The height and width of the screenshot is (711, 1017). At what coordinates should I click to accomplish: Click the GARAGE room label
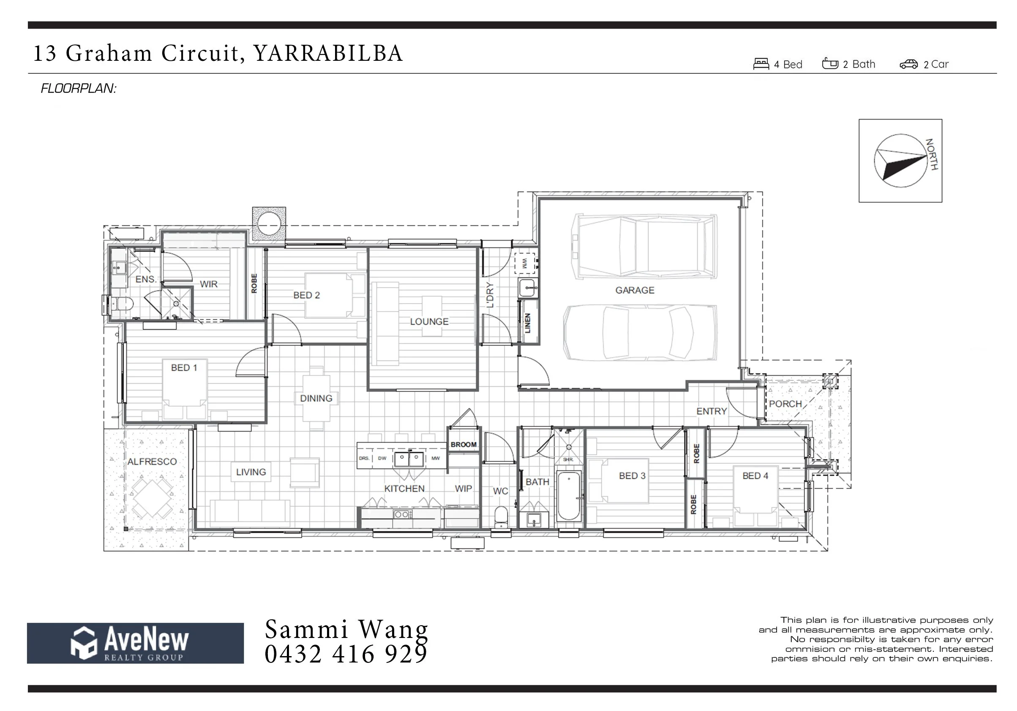[634, 290]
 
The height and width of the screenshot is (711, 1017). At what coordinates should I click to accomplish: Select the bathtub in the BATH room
[568, 496]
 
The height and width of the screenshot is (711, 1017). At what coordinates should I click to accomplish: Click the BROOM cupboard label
[464, 445]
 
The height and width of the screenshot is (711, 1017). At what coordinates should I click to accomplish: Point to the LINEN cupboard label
[527, 323]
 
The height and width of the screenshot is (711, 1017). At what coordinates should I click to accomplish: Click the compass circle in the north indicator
[900, 161]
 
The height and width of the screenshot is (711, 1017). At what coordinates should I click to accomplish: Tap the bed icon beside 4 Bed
[761, 64]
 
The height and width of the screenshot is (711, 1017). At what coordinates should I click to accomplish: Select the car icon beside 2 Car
[908, 65]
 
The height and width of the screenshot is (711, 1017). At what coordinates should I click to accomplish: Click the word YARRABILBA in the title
[328, 53]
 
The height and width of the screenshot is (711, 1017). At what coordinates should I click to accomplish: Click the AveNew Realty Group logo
[135, 643]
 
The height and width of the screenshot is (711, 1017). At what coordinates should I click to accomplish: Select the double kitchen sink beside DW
[409, 458]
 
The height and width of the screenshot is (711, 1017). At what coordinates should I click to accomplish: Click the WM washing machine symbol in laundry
[525, 263]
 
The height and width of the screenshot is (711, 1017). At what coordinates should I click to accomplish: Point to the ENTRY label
[712, 411]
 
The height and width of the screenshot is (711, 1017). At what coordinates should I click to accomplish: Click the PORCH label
[785, 404]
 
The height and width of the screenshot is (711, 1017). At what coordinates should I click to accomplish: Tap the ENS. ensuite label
[146, 280]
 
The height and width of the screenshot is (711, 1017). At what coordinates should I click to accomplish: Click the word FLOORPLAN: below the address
[79, 89]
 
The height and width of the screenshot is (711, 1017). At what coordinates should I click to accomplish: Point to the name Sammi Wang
[346, 629]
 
